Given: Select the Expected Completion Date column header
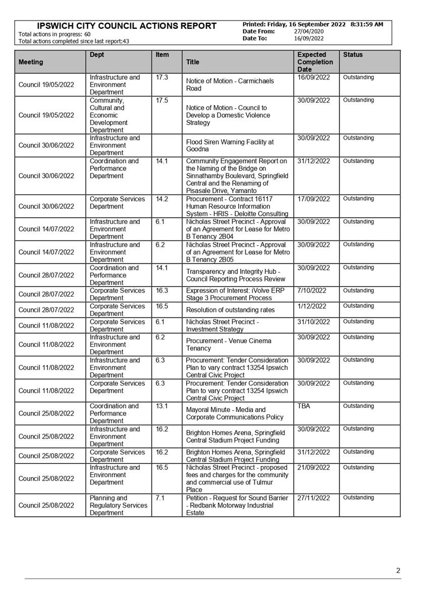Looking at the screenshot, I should (x=315, y=62).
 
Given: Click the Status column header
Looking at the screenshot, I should (x=353, y=55).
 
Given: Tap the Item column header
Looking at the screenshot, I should (x=162, y=55).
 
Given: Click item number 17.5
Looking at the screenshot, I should (x=163, y=100).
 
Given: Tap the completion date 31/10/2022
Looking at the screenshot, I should (x=313, y=322).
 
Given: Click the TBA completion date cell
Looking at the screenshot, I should (x=304, y=406).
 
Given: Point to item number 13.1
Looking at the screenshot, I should (x=163, y=406).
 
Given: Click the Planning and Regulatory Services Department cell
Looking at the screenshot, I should (x=118, y=505).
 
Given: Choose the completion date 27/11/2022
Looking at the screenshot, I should (x=313, y=498).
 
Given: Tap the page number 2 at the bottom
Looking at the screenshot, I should (x=398, y=571).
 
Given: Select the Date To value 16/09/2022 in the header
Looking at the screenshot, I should (x=309, y=38).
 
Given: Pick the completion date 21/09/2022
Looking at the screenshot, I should (x=313, y=468).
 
